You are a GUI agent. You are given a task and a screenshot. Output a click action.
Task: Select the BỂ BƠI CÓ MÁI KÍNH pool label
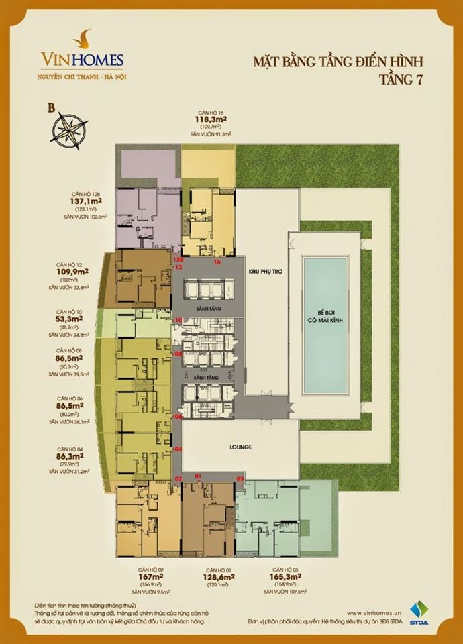tap(325, 317)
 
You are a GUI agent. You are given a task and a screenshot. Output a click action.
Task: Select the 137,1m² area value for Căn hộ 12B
tap(74, 200)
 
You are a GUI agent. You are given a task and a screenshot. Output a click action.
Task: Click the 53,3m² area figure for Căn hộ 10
tap(70, 319)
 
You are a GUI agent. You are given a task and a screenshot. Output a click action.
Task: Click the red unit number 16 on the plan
tap(217, 263)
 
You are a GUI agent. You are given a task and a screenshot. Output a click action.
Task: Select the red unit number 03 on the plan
tap(241, 478)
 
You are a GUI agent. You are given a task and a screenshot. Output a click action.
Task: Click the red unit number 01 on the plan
tap(198, 476)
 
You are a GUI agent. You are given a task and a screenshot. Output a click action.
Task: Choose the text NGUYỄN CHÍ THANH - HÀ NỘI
tap(81, 76)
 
